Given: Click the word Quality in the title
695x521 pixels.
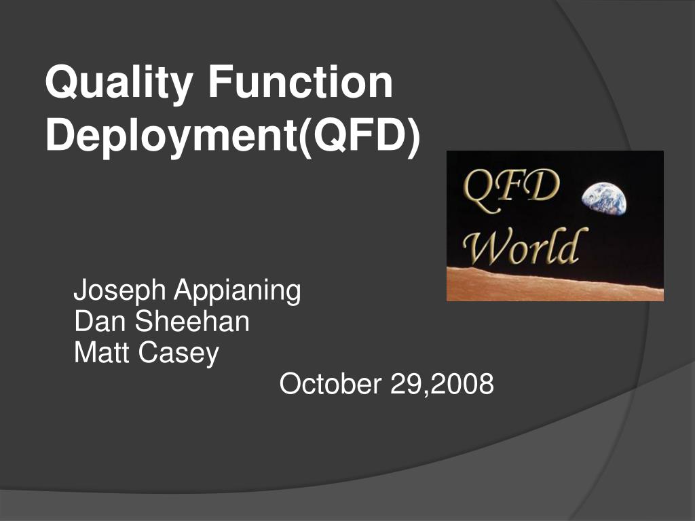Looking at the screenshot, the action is pyautogui.click(x=119, y=83).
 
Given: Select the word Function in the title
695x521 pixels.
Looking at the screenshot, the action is pyautogui.click(x=301, y=81).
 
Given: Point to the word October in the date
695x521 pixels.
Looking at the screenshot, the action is pyautogui.click(x=331, y=383).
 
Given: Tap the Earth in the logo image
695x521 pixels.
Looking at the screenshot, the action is pyautogui.click(x=605, y=198).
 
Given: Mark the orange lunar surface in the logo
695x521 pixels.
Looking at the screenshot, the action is pyautogui.click(x=555, y=285).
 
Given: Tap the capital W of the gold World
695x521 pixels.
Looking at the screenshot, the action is pyautogui.click(x=487, y=245).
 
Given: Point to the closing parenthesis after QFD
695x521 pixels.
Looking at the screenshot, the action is pyautogui.click(x=413, y=137).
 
